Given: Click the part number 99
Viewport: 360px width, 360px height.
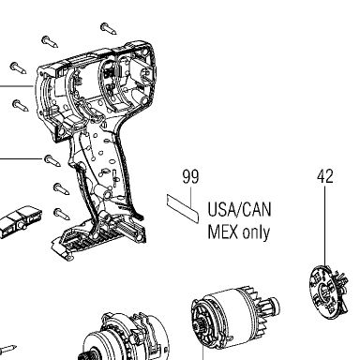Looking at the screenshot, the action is point(190,176).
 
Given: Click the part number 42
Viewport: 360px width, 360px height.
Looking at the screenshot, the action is point(325,176).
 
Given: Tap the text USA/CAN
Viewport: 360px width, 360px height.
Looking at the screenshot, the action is point(239,209).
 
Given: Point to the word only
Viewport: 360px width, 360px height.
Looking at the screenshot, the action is point(256,232).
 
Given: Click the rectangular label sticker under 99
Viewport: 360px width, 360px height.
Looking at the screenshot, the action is point(183,208).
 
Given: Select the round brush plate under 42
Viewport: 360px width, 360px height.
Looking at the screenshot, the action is point(328,290).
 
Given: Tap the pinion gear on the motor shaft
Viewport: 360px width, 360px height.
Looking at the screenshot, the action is point(271,306).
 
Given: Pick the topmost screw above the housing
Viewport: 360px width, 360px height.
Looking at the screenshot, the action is point(109,28).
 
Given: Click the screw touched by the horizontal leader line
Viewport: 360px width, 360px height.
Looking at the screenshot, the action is point(52,160).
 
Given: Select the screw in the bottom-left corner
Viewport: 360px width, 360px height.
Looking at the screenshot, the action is point(7,349).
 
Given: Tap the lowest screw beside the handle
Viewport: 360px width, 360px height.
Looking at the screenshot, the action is point(62,213).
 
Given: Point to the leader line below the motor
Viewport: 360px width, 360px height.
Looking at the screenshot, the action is point(203,352).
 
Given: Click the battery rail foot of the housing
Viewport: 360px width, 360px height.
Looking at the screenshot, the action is point(98,239).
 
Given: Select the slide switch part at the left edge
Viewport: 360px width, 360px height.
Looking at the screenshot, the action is point(20,220).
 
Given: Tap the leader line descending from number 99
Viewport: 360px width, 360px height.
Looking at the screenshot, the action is point(190,198).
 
